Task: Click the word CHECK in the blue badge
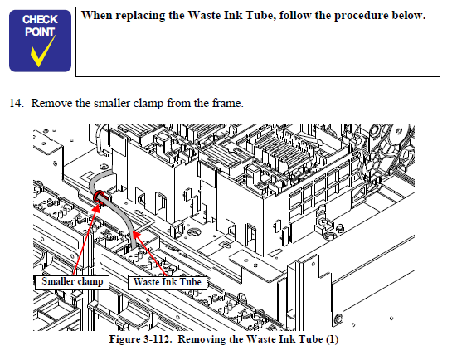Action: click(x=40, y=20)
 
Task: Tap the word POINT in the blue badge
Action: click(x=40, y=32)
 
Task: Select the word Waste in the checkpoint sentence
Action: click(x=205, y=15)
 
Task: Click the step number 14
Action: click(x=17, y=103)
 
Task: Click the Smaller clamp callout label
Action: click(x=72, y=282)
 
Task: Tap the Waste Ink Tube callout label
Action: click(x=168, y=283)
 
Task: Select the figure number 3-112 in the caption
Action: click(x=156, y=339)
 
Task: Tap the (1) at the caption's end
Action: click(x=332, y=339)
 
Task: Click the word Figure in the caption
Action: click(x=124, y=339)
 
